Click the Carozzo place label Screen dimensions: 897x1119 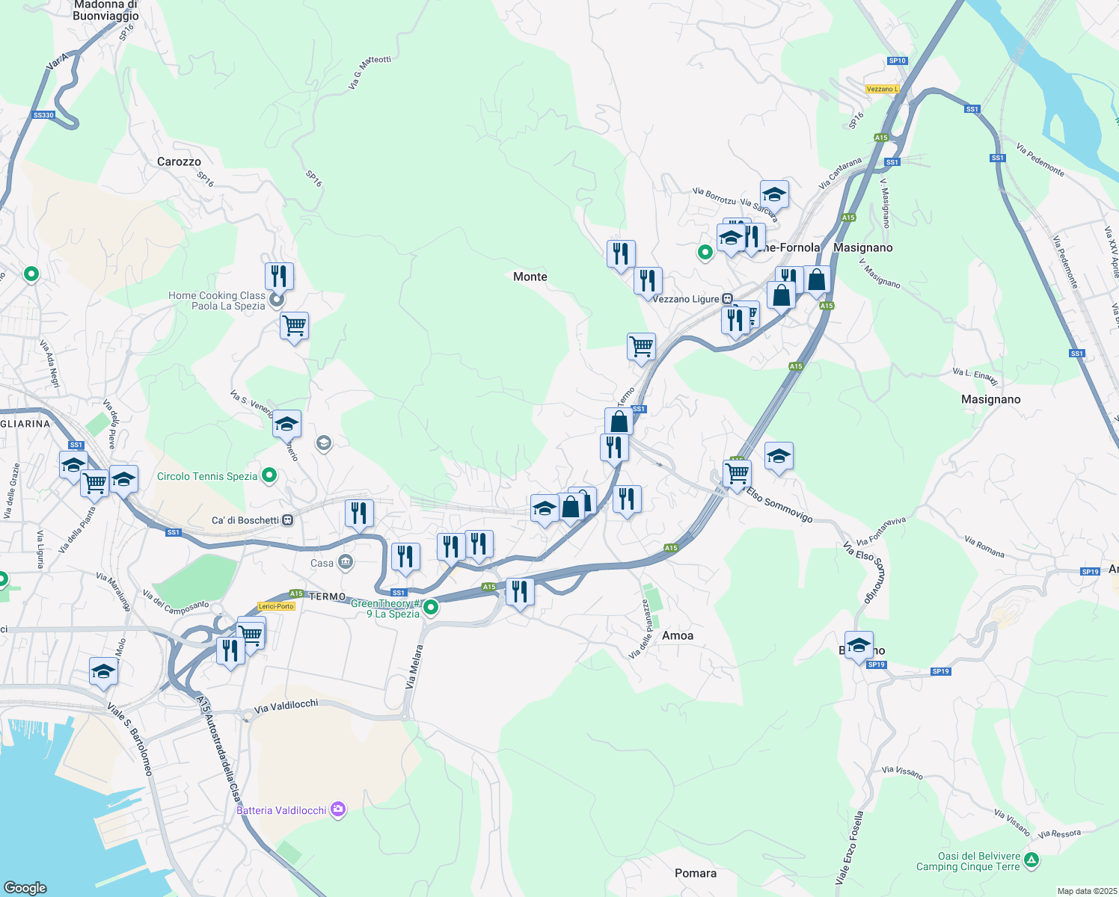179,161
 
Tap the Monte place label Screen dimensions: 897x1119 530,277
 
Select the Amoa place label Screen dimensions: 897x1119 678,635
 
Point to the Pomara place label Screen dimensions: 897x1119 695,873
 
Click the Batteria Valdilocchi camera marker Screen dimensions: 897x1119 338,810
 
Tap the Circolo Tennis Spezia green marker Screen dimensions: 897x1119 270,475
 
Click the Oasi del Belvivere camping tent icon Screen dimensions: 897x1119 1031,860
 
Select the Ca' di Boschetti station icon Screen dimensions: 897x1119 288,520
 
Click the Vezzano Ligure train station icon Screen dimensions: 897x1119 727,299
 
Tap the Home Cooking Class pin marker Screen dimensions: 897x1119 276,300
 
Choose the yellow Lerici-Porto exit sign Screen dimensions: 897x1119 276,606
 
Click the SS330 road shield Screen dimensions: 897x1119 44,115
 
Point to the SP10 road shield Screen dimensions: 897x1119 898,61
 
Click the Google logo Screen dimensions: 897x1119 25,887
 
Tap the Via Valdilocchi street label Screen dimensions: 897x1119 286,706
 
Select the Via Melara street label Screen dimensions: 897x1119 414,667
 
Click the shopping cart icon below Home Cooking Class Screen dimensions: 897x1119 294,325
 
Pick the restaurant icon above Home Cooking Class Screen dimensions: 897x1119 279,276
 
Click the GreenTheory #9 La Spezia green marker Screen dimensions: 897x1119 431,608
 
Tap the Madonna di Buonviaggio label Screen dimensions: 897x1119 105,10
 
